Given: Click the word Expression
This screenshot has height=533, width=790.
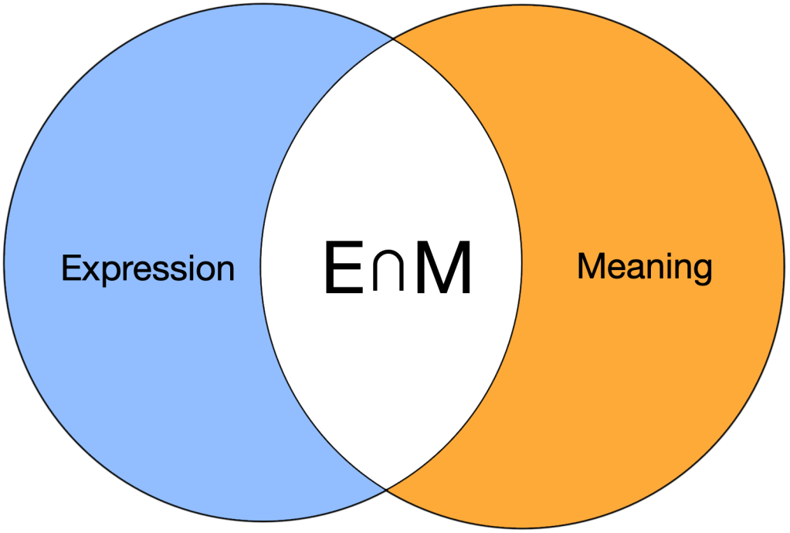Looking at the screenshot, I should point(147,269).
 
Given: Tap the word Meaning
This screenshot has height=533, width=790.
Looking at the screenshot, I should point(644,268).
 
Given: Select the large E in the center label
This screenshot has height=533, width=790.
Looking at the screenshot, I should point(343,268).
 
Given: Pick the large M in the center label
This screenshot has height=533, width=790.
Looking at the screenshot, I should point(442,268).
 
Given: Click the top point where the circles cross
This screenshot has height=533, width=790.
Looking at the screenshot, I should point(394,38).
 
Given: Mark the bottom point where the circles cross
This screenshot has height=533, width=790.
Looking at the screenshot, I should point(387,488).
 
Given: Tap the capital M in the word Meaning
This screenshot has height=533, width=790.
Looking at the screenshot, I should point(591,267).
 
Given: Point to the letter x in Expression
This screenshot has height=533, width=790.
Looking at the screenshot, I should point(87,271).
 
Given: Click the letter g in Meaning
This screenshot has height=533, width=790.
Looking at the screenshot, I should point(701,272).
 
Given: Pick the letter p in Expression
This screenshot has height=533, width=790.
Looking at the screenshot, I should point(105,273).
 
